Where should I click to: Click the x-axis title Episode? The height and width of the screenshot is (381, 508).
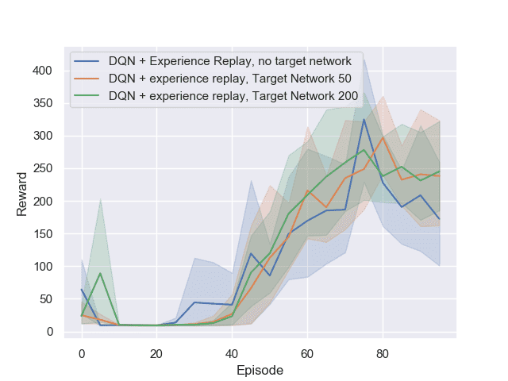pyautogui.click(x=260, y=370)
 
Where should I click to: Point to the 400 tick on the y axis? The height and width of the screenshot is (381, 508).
pyautogui.click(x=42, y=71)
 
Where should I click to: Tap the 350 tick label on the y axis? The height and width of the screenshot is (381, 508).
pyautogui.click(x=42, y=103)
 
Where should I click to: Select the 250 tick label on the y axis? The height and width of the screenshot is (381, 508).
pyautogui.click(x=42, y=168)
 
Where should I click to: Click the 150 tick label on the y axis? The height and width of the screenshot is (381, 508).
pyautogui.click(x=42, y=233)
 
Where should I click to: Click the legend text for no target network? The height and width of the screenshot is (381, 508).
pyautogui.click(x=229, y=60)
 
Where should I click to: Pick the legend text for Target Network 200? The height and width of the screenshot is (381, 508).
pyautogui.click(x=233, y=96)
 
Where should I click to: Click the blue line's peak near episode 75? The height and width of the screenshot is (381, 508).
pyautogui.click(x=364, y=120)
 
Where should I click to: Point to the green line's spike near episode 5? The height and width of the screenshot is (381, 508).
pyautogui.click(x=100, y=273)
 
